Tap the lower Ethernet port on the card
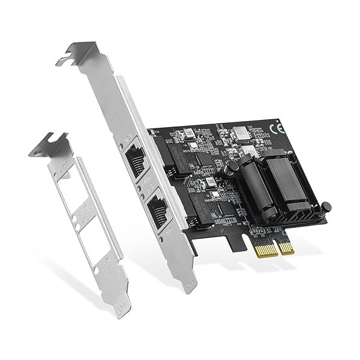(x=158, y=210)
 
